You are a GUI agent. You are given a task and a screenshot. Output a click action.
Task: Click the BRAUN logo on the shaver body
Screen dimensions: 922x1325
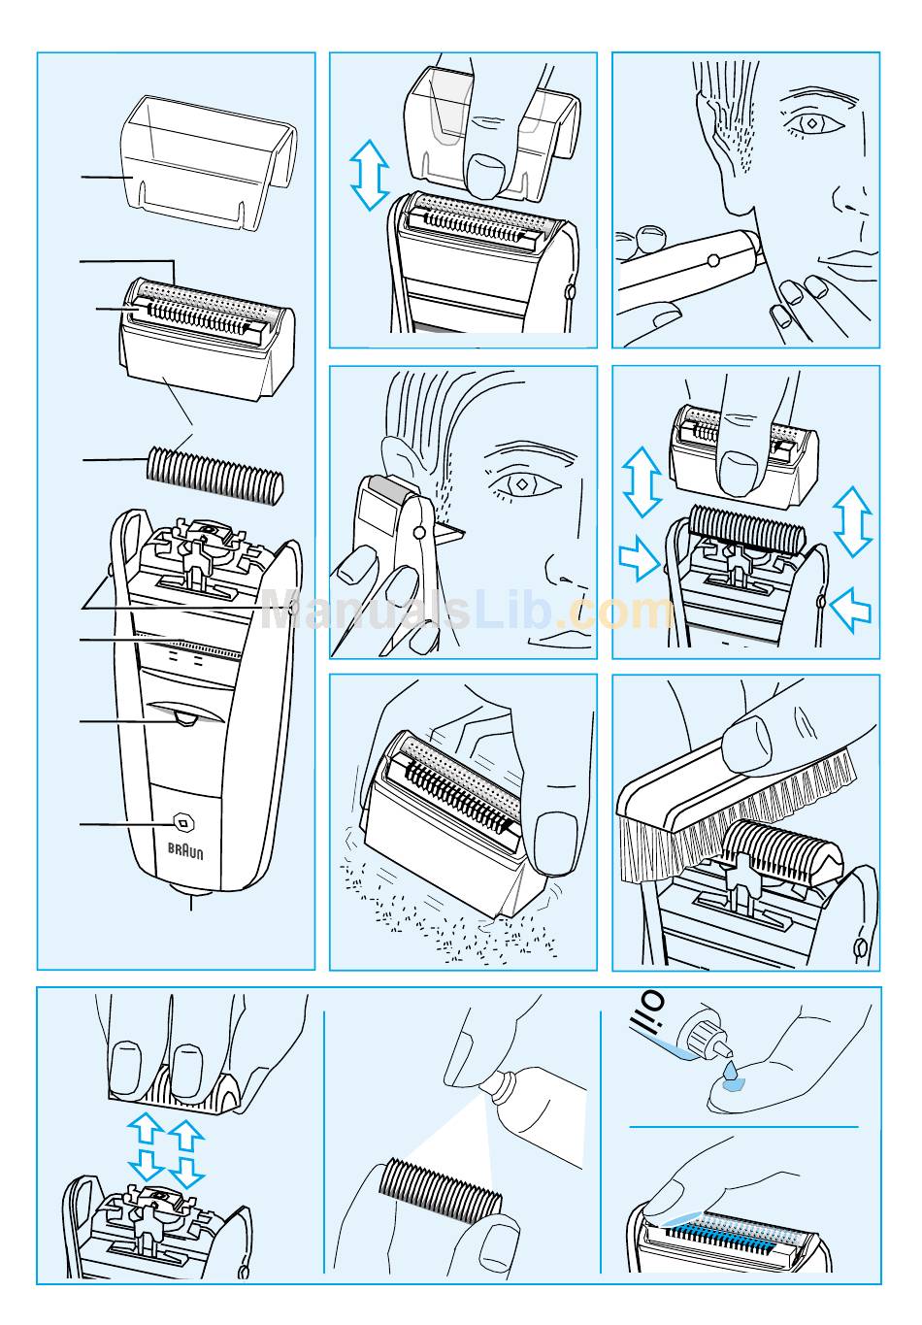click(x=185, y=851)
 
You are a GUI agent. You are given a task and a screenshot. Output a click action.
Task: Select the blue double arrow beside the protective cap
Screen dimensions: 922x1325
click(x=369, y=175)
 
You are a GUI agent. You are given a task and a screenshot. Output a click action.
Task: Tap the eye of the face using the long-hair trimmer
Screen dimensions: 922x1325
click(x=811, y=123)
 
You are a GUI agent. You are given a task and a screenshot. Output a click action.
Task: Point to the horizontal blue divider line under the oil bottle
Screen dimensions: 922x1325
click(x=743, y=1127)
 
